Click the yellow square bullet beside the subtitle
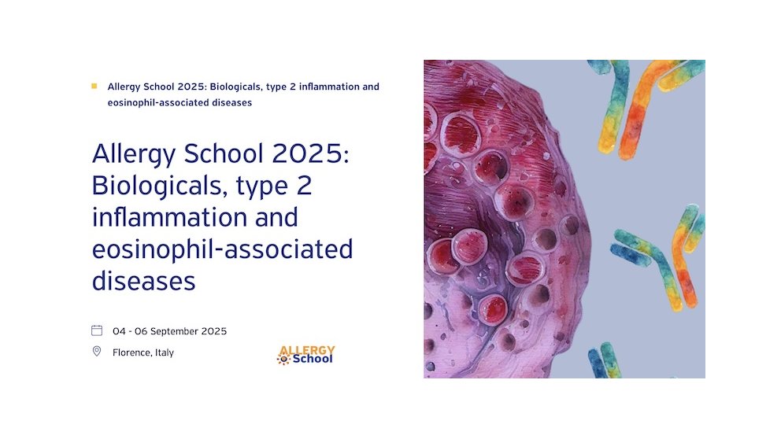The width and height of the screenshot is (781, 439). coord(94,86)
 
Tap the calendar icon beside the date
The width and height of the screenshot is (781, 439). coord(97,330)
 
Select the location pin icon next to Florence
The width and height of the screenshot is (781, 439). coord(97,351)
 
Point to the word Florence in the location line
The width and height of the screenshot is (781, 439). coord(131,352)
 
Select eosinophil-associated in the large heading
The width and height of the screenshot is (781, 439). coord(222,249)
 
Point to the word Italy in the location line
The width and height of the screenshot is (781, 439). coord(164,352)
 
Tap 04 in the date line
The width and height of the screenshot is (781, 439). coord(119,331)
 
